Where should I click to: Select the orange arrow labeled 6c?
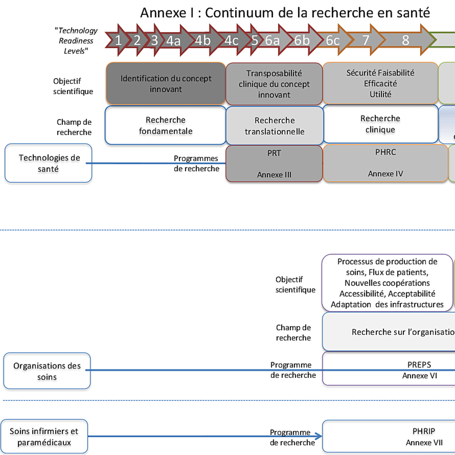click(x=333, y=41)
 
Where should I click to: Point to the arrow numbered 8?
click(x=406, y=40)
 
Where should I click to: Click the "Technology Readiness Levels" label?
click(x=76, y=41)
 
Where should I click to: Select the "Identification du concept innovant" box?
click(x=166, y=84)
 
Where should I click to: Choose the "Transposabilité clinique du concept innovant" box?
click(x=274, y=84)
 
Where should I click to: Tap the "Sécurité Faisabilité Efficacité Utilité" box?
click(x=380, y=84)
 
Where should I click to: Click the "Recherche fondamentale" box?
click(x=166, y=125)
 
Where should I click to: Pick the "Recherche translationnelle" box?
click(x=274, y=126)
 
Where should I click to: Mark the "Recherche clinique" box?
click(x=380, y=124)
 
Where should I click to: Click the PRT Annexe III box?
click(x=274, y=164)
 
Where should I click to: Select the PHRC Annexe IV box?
click(x=385, y=163)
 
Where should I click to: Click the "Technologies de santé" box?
click(x=49, y=163)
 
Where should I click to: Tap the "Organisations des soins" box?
click(x=47, y=371)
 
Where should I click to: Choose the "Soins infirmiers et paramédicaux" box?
click(x=44, y=437)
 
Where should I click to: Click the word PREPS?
click(x=419, y=365)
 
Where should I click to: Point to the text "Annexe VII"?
click(x=424, y=443)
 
